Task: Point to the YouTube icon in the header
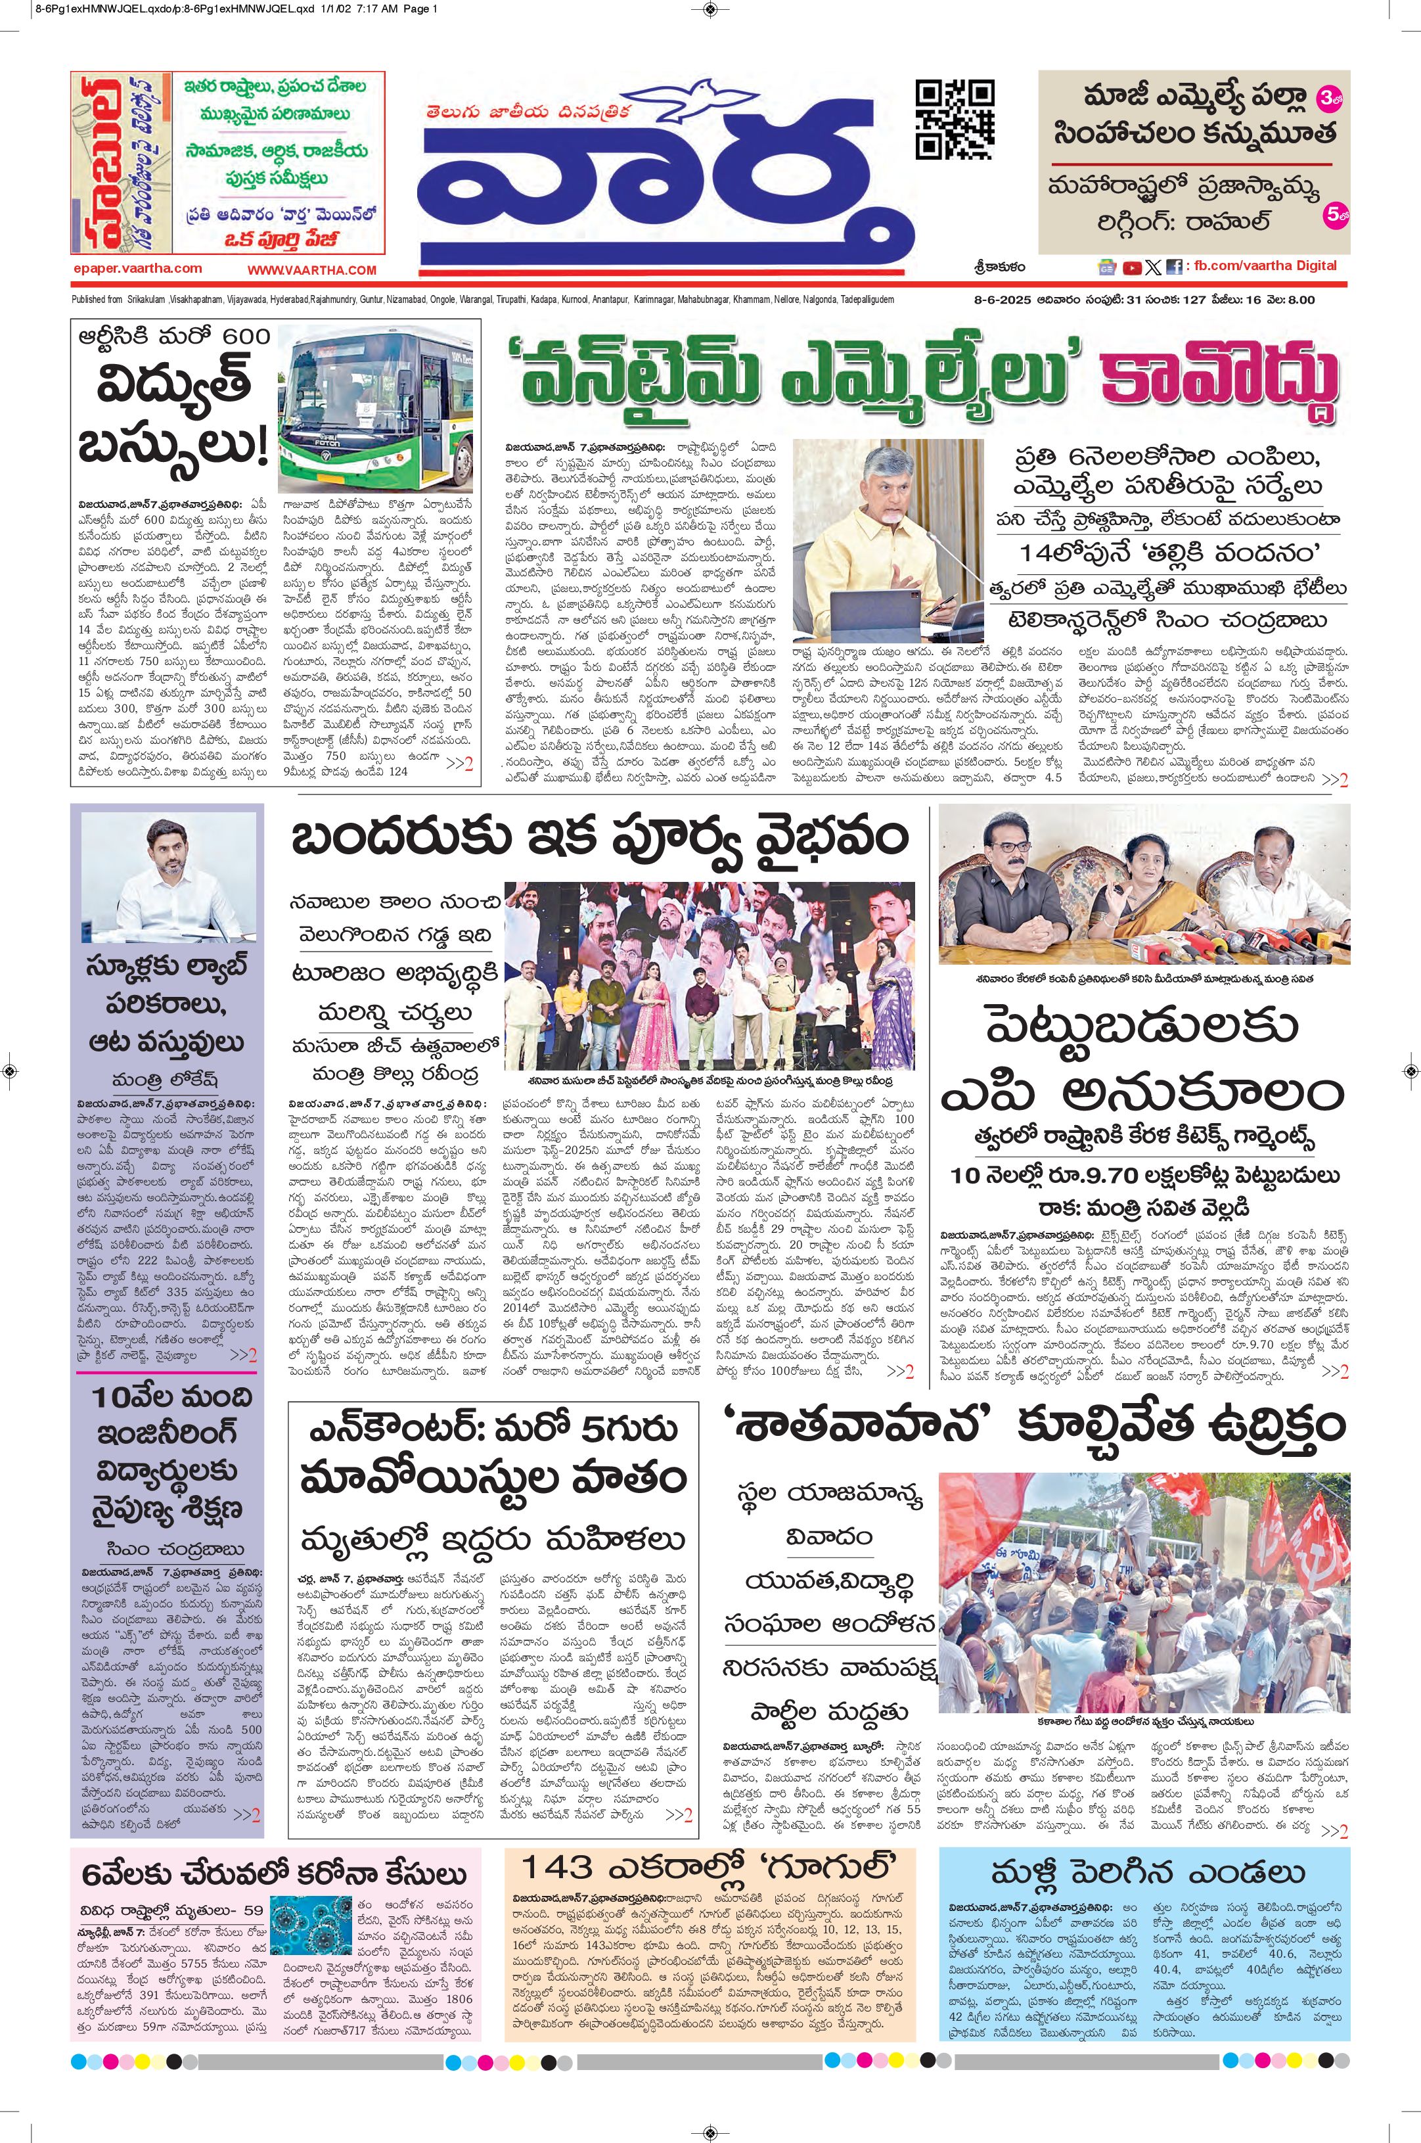(x=1131, y=267)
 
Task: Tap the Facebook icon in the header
(x=1173, y=267)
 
